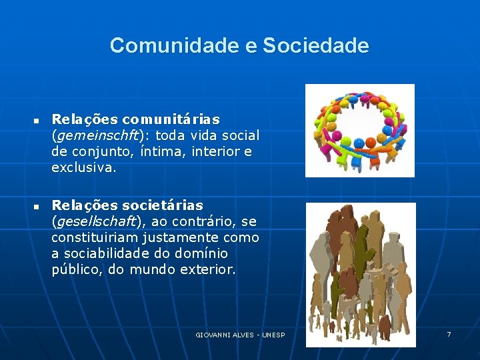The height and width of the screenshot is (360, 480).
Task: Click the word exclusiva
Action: click(83, 168)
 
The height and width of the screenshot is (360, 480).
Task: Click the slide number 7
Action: click(449, 334)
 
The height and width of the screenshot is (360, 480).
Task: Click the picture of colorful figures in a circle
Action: click(359, 130)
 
